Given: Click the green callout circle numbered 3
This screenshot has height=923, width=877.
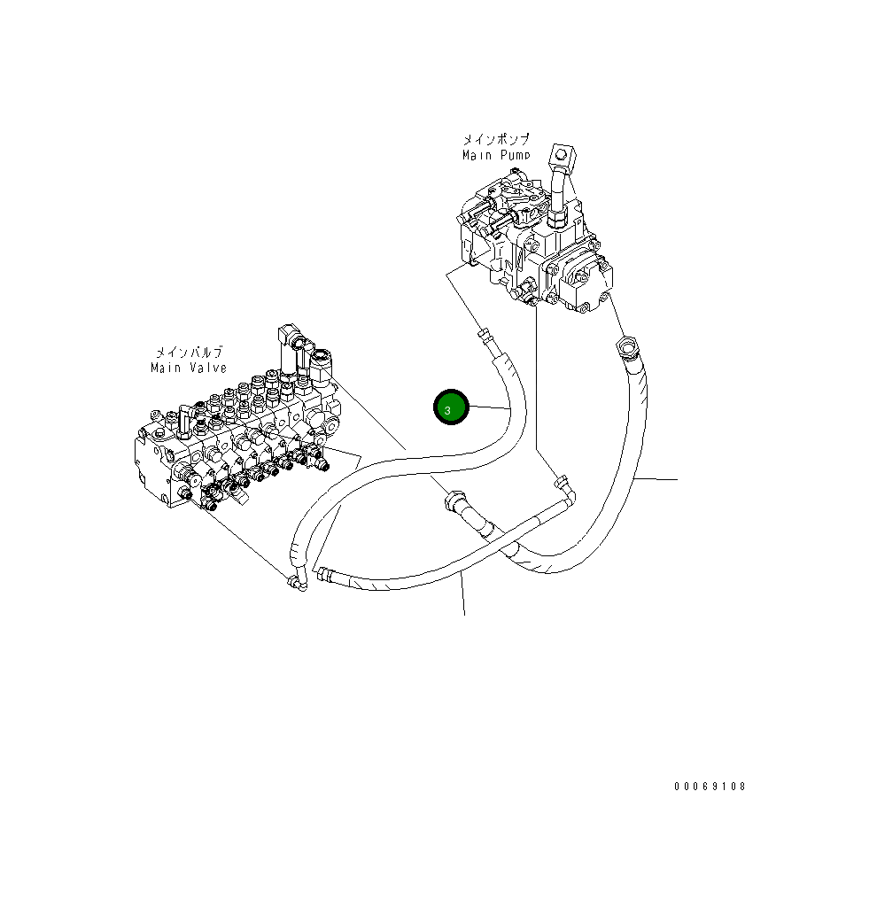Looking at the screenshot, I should [x=449, y=408].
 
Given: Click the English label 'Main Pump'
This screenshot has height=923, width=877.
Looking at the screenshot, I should [x=496, y=155].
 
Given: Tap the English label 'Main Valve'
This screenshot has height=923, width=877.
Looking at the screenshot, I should [x=189, y=368].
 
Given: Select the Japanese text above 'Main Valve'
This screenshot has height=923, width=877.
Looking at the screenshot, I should [x=189, y=352].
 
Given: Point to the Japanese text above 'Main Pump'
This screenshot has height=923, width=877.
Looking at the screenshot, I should [x=496, y=140].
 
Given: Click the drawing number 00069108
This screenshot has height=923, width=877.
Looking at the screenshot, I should [x=710, y=786].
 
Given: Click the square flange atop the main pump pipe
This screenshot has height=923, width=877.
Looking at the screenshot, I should [x=562, y=155].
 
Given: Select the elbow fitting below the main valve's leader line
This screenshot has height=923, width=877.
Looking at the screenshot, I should [x=295, y=582].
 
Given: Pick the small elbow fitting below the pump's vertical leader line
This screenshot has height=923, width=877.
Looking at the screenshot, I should [x=560, y=483].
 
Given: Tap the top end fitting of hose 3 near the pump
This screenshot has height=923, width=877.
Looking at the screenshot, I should [x=483, y=335].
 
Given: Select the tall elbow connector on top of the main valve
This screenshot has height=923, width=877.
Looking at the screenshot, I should [x=291, y=341].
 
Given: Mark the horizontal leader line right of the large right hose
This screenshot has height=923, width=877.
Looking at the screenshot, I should [x=656, y=479].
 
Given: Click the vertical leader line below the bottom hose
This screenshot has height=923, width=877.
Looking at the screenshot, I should [x=463, y=593].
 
